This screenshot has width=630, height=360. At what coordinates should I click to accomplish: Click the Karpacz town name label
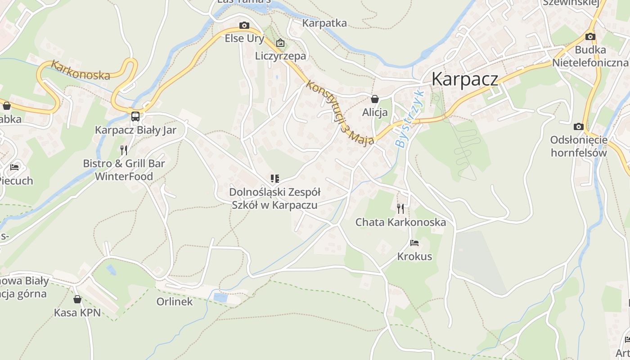click(465, 79)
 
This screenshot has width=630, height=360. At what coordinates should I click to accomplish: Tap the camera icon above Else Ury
click(244, 25)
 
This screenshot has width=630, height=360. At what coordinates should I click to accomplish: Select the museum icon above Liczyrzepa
click(280, 43)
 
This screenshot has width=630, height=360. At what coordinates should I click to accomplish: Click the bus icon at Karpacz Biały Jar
click(135, 117)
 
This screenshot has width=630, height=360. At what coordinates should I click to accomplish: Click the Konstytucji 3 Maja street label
click(340, 112)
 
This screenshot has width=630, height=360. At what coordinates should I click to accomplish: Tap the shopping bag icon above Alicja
click(374, 99)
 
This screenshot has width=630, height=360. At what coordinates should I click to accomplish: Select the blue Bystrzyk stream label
click(409, 119)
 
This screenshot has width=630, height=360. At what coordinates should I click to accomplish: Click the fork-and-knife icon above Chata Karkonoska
click(400, 208)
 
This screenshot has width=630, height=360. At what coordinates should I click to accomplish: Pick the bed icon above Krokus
click(414, 243)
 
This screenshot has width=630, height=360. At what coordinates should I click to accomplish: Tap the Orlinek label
click(175, 301)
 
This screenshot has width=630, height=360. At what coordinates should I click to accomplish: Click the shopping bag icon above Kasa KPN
click(77, 299)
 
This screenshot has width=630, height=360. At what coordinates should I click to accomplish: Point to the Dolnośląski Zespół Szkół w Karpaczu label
click(274, 198)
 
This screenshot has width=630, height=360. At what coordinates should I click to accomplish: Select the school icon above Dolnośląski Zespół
click(274, 179)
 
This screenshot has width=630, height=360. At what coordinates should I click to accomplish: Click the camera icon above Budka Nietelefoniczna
click(590, 36)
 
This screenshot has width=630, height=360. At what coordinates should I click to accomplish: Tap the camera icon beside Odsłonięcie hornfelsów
click(579, 127)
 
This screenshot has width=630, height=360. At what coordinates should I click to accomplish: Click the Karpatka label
click(324, 23)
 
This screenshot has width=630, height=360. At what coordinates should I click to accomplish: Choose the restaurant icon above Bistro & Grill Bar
click(124, 150)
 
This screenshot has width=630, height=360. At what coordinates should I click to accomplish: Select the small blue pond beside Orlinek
click(220, 297)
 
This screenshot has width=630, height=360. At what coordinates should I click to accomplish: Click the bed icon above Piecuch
click(14, 167)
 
